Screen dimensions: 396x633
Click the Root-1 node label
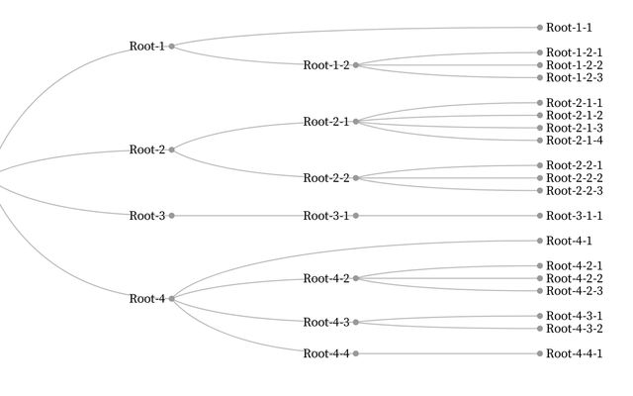point(146,47)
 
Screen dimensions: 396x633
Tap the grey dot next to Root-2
point(171,149)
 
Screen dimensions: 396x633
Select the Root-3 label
point(146,216)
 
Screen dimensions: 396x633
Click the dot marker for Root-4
point(171,298)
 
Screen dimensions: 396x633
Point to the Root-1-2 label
point(326,65)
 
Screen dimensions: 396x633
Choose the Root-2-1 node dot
point(355,122)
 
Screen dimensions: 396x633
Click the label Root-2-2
point(326,178)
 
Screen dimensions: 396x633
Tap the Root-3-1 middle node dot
point(355,216)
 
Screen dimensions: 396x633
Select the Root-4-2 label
point(326,278)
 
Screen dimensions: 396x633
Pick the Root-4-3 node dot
point(355,322)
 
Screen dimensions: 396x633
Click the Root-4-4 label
point(326,353)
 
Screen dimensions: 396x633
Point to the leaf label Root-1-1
point(569,28)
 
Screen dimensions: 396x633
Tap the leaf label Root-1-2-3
point(575,77)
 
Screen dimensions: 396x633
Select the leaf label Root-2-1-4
point(575,140)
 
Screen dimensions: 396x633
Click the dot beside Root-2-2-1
point(539,165)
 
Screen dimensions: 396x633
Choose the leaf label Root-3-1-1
point(575,216)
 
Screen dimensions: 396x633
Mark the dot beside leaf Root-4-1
point(539,241)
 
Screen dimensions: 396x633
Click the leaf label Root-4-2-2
point(575,278)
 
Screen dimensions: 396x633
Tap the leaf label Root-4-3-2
point(575,328)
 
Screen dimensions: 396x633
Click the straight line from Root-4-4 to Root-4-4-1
point(445,353)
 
